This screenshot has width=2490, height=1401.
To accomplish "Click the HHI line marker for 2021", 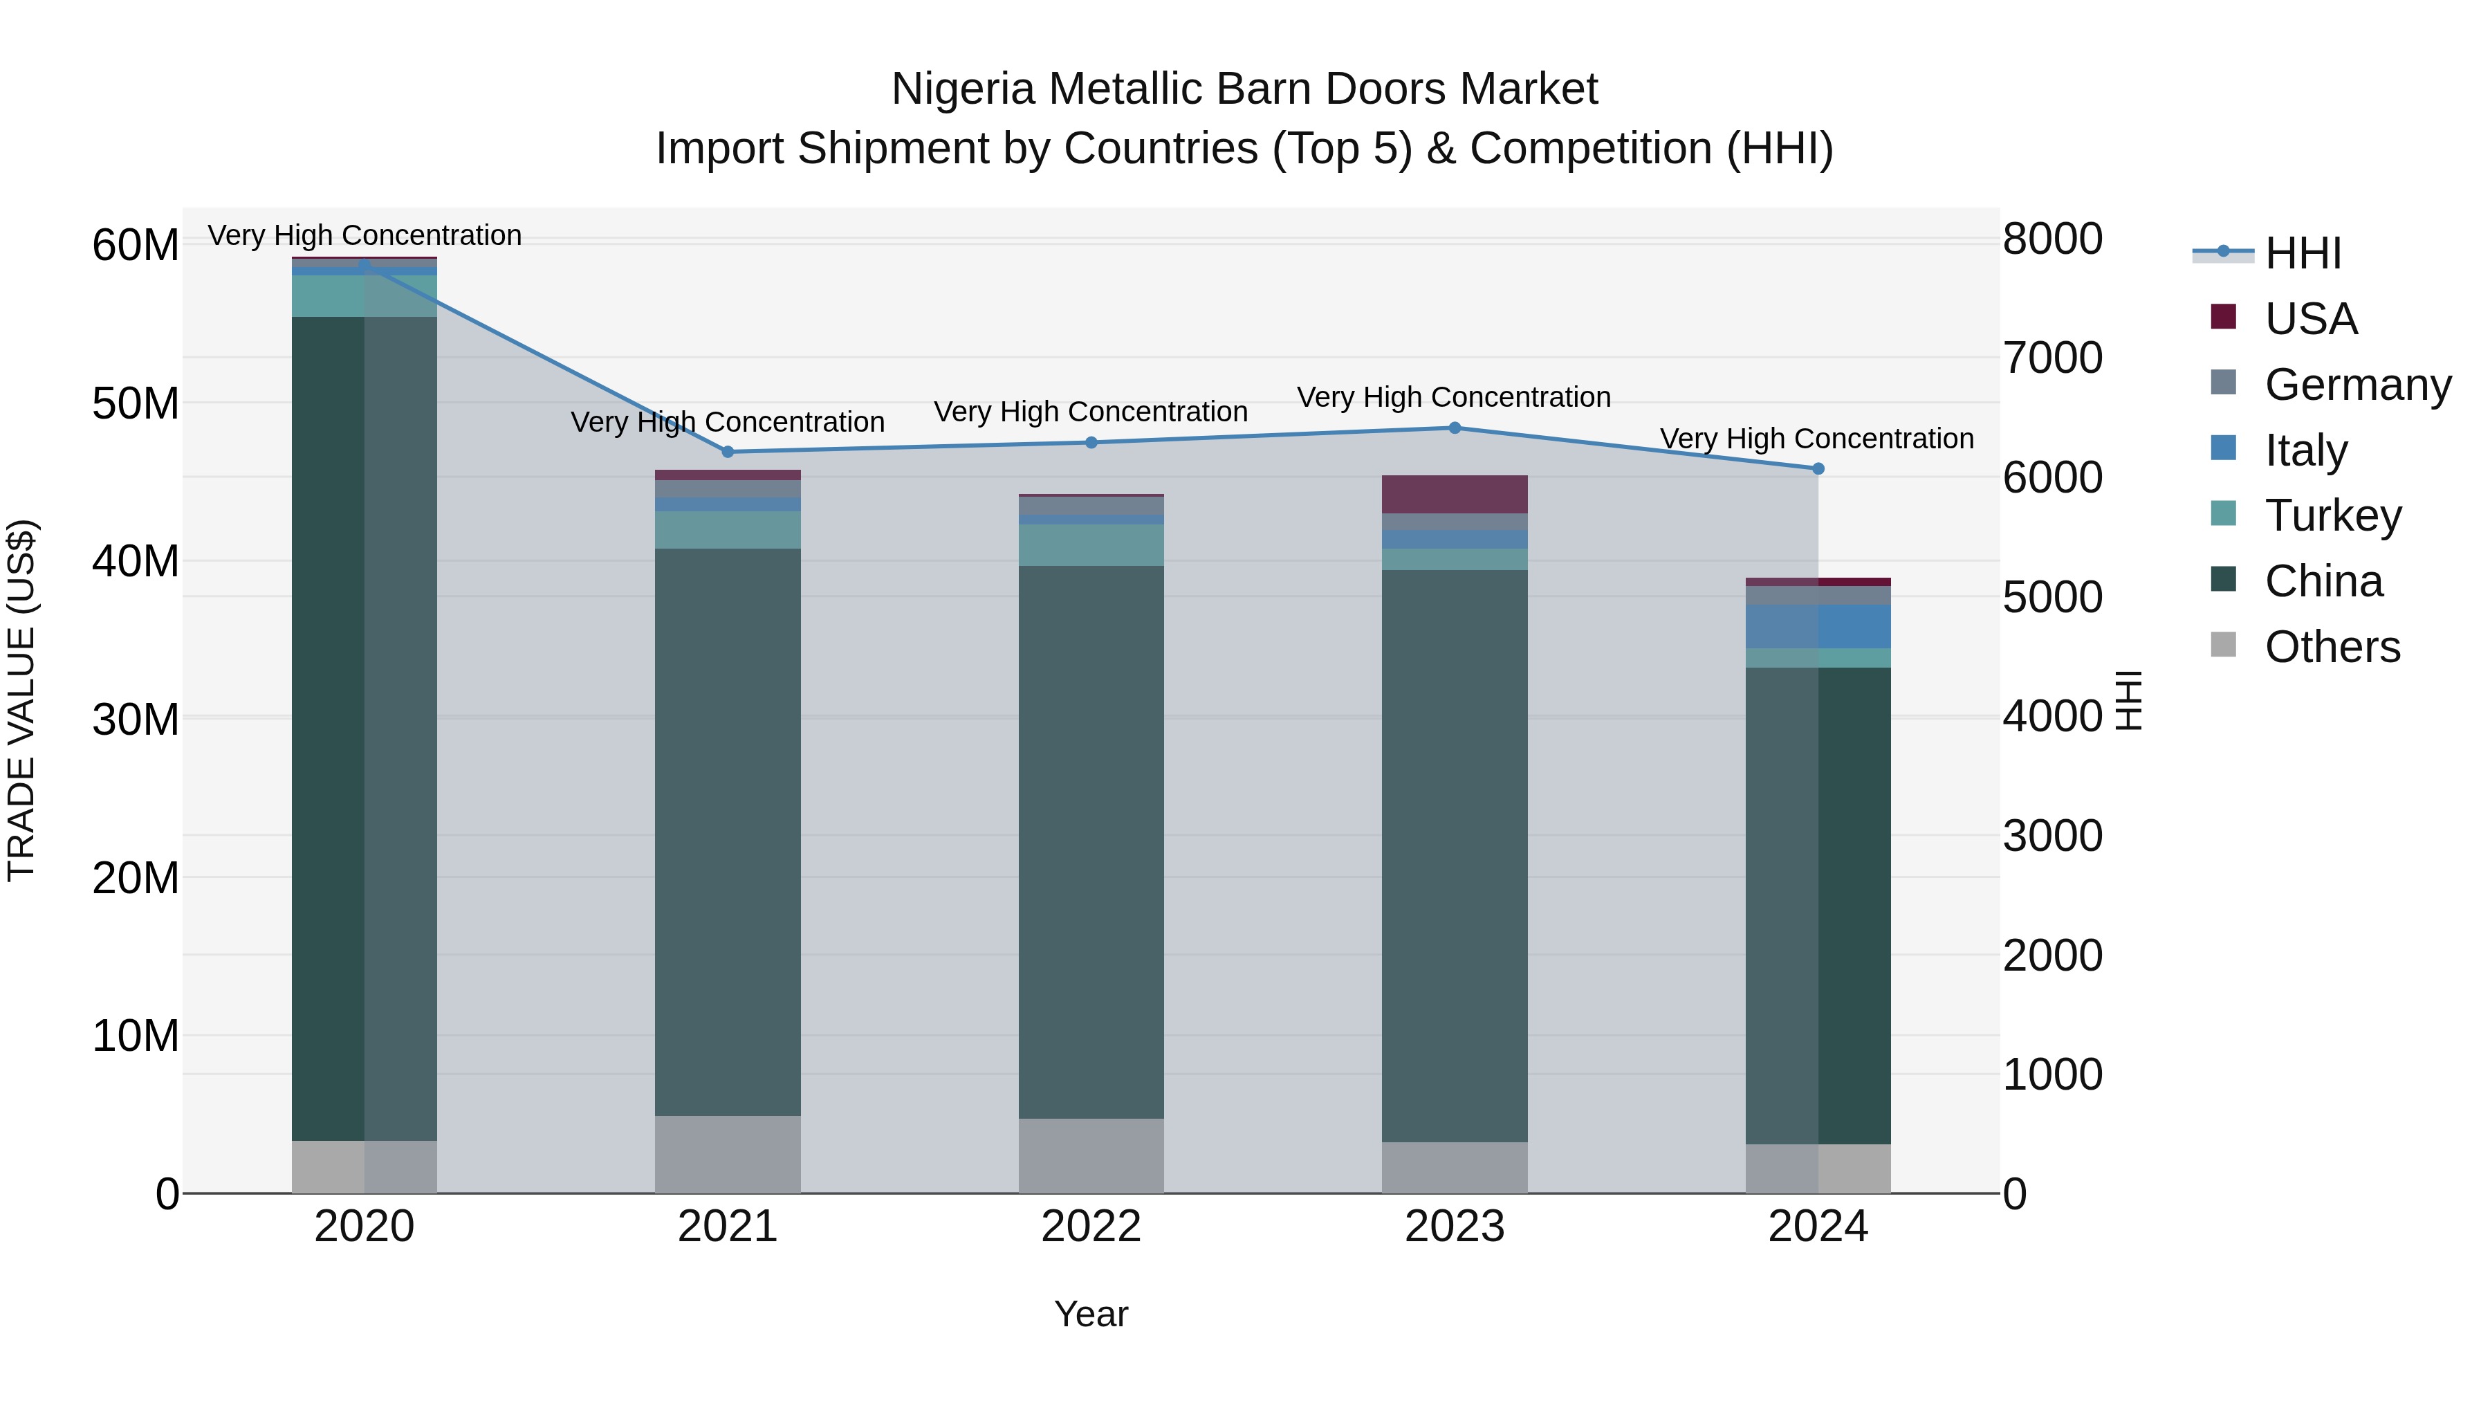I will tap(728, 452).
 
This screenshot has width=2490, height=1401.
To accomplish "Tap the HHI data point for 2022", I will tap(1091, 443).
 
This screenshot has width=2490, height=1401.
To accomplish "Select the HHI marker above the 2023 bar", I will tap(1455, 428).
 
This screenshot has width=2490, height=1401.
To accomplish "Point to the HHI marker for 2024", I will tap(1818, 469).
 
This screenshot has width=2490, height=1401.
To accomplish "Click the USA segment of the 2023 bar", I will tap(1455, 494).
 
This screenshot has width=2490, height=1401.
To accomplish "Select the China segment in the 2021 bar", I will tap(728, 832).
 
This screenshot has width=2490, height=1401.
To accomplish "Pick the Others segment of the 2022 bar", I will tap(1091, 1155).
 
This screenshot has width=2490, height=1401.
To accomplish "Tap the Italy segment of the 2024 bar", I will tap(1818, 627).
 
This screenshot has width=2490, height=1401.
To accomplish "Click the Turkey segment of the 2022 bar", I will tap(1091, 545).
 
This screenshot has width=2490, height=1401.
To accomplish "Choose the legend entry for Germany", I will tap(2357, 385).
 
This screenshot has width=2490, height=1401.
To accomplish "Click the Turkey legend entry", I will tap(2332, 515).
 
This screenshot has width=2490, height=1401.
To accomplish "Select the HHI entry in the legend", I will tap(2303, 253).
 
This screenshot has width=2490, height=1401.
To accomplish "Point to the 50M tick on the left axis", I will tap(136, 403).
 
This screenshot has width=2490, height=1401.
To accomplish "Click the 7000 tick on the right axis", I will tap(2051, 358).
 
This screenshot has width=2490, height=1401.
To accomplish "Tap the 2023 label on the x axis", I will tap(1455, 1227).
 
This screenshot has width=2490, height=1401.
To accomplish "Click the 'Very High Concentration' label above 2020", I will tap(365, 235).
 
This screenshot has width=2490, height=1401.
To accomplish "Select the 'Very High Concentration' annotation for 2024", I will tap(1817, 438).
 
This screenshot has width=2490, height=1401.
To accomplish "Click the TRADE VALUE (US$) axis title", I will tap(21, 700).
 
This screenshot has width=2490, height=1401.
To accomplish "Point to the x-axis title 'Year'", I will tap(1091, 1314).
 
